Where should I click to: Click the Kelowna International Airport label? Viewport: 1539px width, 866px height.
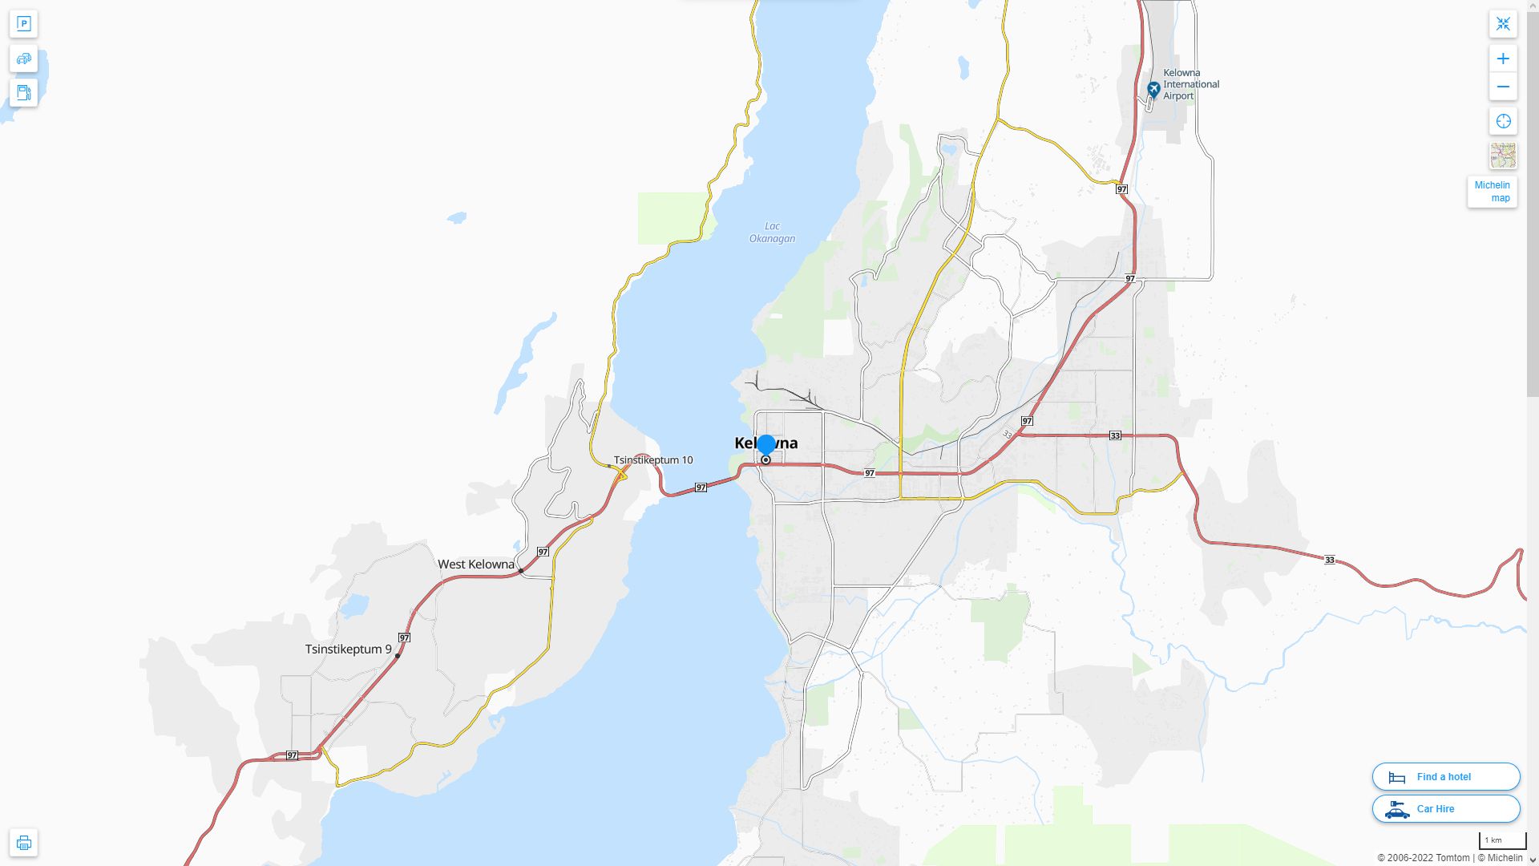click(1190, 84)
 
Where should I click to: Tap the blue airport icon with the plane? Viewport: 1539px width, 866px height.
click(1153, 89)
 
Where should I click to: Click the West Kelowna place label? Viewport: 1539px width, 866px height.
click(475, 565)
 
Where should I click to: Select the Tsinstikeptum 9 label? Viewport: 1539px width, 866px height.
click(348, 649)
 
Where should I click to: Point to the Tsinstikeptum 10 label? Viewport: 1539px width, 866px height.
click(653, 460)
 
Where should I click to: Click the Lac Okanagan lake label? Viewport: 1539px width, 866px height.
click(772, 233)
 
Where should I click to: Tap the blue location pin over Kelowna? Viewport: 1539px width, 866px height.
click(766, 445)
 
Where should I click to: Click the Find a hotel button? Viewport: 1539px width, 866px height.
click(1445, 777)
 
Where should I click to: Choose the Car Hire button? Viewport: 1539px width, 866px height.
click(1445, 809)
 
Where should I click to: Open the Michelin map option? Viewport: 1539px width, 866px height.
click(1492, 192)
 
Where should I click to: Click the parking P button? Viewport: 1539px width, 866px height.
click(24, 24)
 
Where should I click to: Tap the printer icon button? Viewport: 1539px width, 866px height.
click(24, 843)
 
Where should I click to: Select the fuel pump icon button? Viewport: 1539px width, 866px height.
click(24, 93)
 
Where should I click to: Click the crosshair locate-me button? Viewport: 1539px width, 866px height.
click(1503, 121)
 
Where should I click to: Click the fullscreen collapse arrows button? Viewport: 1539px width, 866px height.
click(1503, 24)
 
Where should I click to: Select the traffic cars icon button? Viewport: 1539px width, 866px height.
click(24, 59)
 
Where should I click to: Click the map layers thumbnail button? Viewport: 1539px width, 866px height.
click(1503, 156)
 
